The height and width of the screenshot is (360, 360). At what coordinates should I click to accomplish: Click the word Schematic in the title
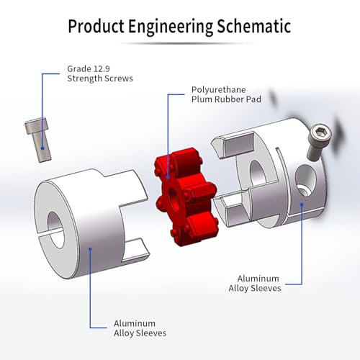pyautogui.click(x=254, y=26)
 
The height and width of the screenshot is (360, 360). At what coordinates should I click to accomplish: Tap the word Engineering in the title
pyautogui.click(x=171, y=27)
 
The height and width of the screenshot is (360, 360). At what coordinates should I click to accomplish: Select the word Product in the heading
pyautogui.click(x=96, y=26)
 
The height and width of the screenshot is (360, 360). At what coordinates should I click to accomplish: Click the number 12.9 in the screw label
pyautogui.click(x=102, y=69)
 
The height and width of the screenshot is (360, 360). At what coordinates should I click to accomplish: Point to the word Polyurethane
pyautogui.click(x=219, y=90)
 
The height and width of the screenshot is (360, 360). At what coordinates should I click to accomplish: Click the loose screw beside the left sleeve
pyautogui.click(x=38, y=140)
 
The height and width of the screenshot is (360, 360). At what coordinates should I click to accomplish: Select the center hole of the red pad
pyautogui.click(x=174, y=197)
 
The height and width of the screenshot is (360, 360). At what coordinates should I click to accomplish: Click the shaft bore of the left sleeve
pyautogui.click(x=56, y=230)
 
